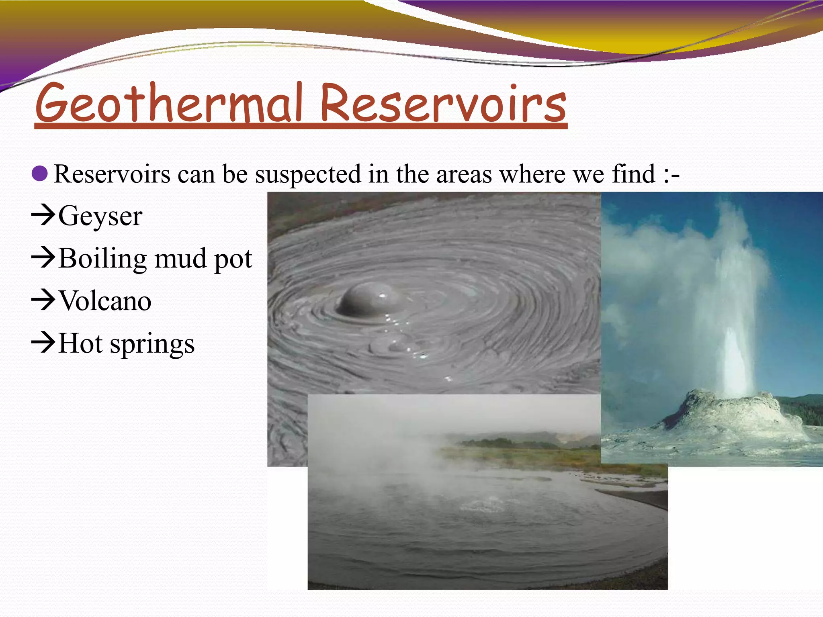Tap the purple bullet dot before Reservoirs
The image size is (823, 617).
[39, 174]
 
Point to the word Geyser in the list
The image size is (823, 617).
[100, 216]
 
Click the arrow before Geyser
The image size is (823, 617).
[43, 215]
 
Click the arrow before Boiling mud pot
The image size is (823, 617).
[43, 257]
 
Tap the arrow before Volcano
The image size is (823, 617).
[43, 300]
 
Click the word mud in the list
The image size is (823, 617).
[181, 258]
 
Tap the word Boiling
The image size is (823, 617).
[102, 258]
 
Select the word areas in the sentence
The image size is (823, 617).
[464, 174]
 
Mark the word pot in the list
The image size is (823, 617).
[233, 259]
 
